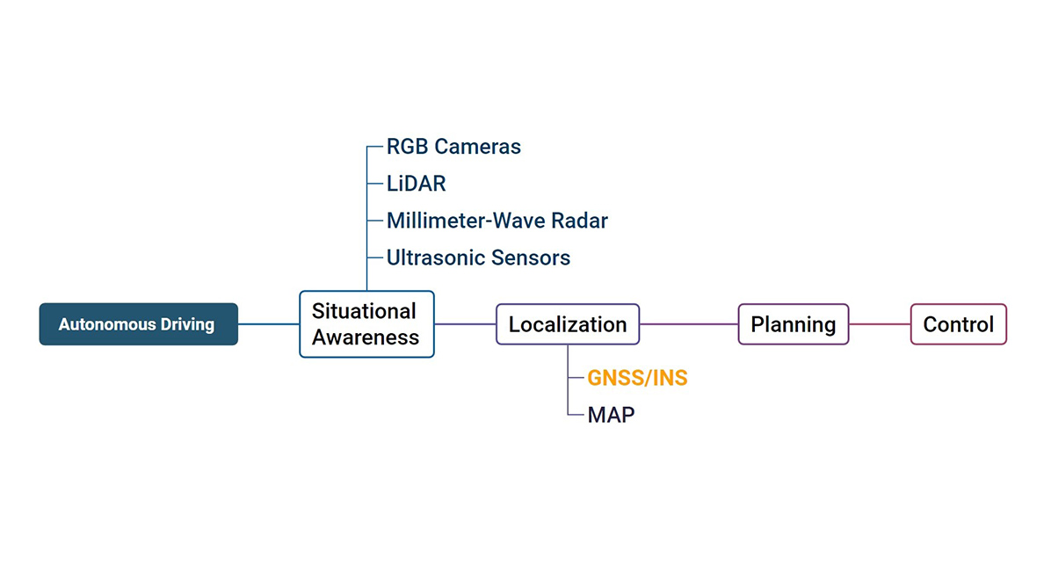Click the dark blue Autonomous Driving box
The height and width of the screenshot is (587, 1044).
pyautogui.click(x=138, y=324)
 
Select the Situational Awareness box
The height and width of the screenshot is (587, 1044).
pyautogui.click(x=366, y=324)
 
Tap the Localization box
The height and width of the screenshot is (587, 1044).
pyautogui.click(x=568, y=324)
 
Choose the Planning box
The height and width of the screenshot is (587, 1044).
pyautogui.click(x=793, y=324)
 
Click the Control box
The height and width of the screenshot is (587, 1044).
pyautogui.click(x=958, y=324)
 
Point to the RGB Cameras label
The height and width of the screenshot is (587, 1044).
pyautogui.click(x=453, y=147)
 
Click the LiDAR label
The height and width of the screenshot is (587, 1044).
pyautogui.click(x=416, y=184)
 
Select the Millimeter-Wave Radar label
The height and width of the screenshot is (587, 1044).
pyautogui.click(x=497, y=221)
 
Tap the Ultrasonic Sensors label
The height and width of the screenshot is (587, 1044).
pyautogui.click(x=478, y=257)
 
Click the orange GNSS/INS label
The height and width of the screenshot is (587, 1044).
pyautogui.click(x=637, y=378)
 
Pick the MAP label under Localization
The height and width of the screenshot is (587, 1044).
pyautogui.click(x=611, y=415)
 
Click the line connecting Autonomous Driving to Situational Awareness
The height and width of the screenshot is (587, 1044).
pyautogui.click(x=268, y=324)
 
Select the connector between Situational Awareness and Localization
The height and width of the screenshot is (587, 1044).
pyautogui.click(x=465, y=324)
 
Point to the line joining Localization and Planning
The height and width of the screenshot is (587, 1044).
pyautogui.click(x=688, y=324)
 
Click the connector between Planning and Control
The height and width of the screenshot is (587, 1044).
pyautogui.click(x=879, y=324)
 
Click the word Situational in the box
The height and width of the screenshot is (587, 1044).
pyautogui.click(x=364, y=311)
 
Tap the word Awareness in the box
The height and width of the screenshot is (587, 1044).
pyautogui.click(x=366, y=337)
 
